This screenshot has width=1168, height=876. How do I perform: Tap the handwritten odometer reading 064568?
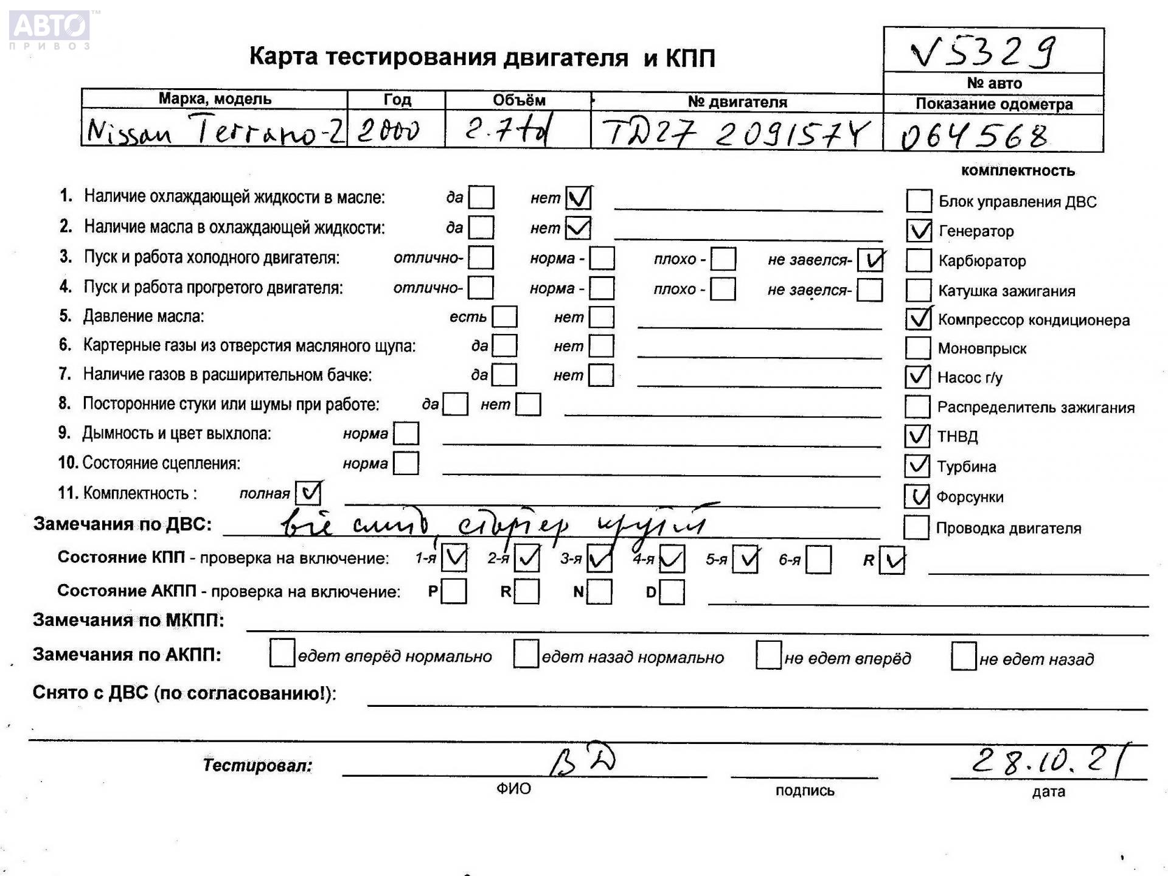point(975,136)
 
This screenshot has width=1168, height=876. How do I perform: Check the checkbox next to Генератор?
point(919,231)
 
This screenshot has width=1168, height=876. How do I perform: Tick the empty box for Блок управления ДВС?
point(919,201)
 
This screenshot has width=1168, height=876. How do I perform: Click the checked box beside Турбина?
point(917,466)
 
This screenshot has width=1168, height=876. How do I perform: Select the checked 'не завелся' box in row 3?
point(870,260)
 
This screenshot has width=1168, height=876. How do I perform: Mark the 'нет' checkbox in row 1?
point(578,198)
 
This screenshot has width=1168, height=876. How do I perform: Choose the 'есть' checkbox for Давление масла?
point(504,316)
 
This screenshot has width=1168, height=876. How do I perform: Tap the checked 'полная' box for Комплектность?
point(308,492)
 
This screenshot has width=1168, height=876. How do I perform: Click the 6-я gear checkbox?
point(818,559)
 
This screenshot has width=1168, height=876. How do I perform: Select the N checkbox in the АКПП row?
point(600,591)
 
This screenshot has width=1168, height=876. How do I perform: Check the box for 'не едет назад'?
point(964,656)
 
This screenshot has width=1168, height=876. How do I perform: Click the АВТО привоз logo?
point(50,29)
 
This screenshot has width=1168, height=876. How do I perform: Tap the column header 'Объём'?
point(518,100)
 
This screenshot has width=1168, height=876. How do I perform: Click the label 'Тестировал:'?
point(257,765)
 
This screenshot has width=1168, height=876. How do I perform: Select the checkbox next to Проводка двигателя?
point(916,527)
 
